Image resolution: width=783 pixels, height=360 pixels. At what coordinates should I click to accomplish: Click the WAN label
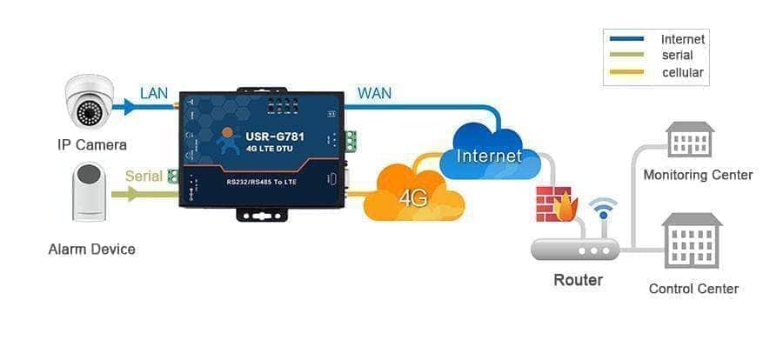374,92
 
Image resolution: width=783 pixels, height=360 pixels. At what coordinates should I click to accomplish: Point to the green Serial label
144,176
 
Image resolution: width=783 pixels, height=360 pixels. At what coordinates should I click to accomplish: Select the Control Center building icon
692,241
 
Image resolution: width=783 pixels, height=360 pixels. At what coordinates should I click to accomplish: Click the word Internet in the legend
682,39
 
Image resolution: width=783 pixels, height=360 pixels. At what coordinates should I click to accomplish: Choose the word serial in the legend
677,56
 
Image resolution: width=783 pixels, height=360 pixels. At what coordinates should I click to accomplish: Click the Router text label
578,281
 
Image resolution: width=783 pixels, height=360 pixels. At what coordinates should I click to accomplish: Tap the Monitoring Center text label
698,176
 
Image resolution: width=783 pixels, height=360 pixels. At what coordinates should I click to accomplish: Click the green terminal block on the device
350,140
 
